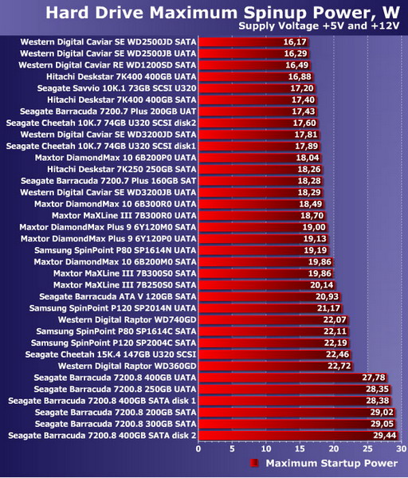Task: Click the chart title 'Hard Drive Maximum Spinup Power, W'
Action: [222, 13]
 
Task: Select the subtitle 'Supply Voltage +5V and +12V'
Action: [319, 26]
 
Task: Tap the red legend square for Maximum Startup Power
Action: [254, 463]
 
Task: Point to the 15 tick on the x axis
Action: [300, 449]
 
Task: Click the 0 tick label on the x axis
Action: [198, 449]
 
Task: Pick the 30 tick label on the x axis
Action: [402, 449]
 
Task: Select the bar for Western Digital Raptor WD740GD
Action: [273, 319]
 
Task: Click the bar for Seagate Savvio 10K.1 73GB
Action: [257, 88]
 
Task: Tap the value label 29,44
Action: [385, 435]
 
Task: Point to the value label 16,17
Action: [295, 41]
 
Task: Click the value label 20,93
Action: [327, 296]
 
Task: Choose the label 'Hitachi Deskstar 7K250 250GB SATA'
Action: [121, 169]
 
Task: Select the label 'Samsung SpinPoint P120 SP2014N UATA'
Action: [113, 308]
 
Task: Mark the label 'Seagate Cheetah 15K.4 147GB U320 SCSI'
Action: [111, 355]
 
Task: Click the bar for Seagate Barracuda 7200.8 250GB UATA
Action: [295, 390]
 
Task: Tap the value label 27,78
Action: [374, 378]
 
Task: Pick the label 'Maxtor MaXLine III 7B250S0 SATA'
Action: [125, 285]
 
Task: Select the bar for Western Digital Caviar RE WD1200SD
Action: [254, 65]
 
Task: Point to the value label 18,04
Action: [308, 158]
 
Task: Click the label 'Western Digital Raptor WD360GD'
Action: [127, 366]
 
